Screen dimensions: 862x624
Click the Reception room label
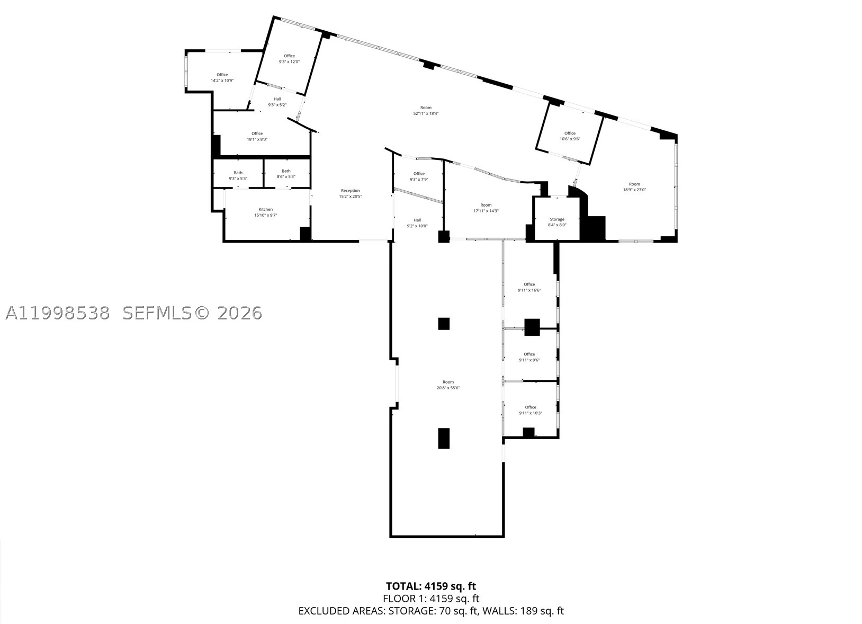350,191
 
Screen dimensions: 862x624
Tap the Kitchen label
265,209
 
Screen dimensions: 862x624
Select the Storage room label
557,219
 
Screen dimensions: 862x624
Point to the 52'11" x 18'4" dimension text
426,113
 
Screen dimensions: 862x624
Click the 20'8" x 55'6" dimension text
448,388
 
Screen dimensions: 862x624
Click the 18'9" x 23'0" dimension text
634,190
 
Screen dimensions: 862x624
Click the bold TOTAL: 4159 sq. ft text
431,586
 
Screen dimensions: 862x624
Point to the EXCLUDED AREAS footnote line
431,611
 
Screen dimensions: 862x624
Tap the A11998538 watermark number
57,313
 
